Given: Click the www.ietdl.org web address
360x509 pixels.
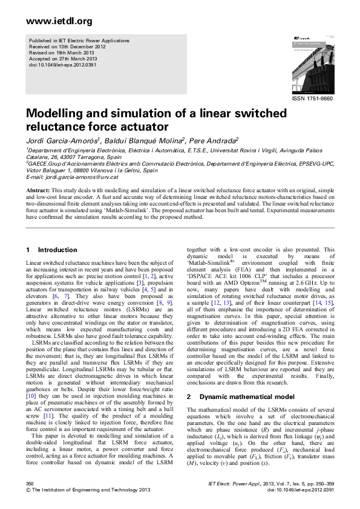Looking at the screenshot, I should (51, 21).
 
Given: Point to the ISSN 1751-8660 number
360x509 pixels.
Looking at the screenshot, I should (312, 98).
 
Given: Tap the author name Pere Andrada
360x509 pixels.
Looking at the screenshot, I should (215, 140).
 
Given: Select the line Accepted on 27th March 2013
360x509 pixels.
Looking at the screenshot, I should (62, 59).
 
